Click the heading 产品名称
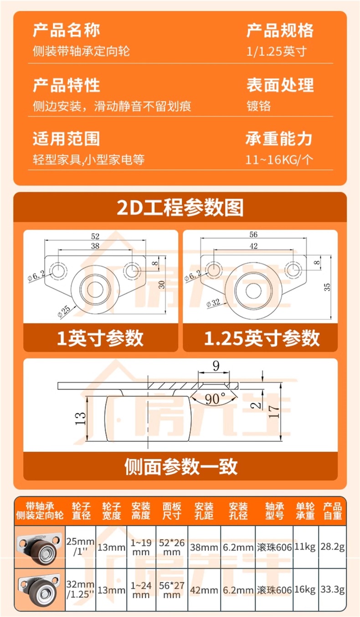pos(66,31)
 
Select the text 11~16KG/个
pos(279,160)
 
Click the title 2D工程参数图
pos(180,207)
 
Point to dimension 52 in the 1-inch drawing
pos(95,236)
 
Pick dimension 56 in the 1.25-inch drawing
pos(253,235)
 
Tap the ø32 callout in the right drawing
pos(214,302)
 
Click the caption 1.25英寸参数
pos(261,338)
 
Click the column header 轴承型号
pos(274,511)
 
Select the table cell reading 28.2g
pos(332,547)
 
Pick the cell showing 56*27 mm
pos(172,590)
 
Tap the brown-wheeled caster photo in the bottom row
pos(40,590)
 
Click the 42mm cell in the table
pos(204,590)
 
